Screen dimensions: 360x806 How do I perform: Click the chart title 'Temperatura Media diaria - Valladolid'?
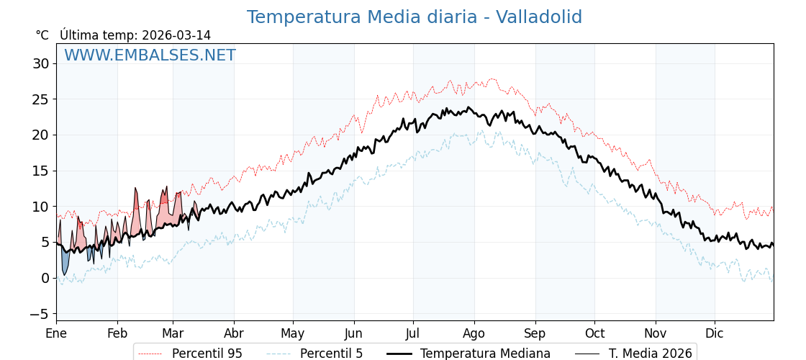[x=414, y=17]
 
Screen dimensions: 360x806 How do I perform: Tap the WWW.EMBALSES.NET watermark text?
[x=150, y=55]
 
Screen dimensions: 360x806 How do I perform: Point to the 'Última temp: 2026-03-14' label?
[x=135, y=35]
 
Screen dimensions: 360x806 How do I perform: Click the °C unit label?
[x=42, y=35]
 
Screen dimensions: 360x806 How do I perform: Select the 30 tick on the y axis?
[x=40, y=63]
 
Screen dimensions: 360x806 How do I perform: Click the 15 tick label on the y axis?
[x=40, y=171]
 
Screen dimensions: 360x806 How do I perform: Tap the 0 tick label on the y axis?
[x=45, y=278]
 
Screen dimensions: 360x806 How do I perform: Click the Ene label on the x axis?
[x=56, y=333]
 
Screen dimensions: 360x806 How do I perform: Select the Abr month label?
[x=234, y=333]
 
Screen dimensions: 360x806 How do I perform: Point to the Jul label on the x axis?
[x=413, y=333]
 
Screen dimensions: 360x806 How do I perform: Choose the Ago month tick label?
[x=474, y=333]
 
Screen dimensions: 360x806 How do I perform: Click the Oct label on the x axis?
[x=594, y=333]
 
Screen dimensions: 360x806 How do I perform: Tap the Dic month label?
[x=715, y=333]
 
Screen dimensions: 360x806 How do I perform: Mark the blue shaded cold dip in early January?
[x=65, y=261]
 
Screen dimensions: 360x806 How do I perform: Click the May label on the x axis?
[x=293, y=333]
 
